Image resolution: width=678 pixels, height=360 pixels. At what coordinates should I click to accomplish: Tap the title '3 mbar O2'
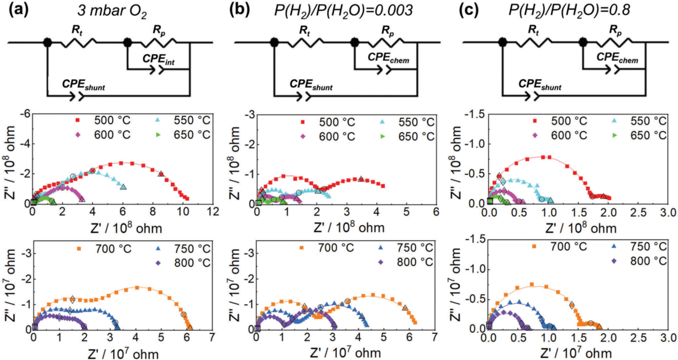click(112, 10)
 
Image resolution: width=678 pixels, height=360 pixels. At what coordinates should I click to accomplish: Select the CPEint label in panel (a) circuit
click(158, 60)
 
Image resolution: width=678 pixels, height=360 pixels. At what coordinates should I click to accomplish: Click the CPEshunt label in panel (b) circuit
click(311, 85)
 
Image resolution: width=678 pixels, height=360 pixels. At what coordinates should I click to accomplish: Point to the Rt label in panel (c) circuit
click(533, 31)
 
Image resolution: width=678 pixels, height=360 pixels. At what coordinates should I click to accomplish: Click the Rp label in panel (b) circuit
click(387, 31)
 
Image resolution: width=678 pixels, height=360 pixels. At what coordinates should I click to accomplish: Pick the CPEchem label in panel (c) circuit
click(617, 58)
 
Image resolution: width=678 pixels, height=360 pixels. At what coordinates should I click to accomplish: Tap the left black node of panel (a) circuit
click(47, 42)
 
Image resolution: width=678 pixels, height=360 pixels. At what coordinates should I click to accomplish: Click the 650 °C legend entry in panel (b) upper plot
click(406, 137)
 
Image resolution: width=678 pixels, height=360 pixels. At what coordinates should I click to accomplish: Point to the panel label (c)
click(468, 10)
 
